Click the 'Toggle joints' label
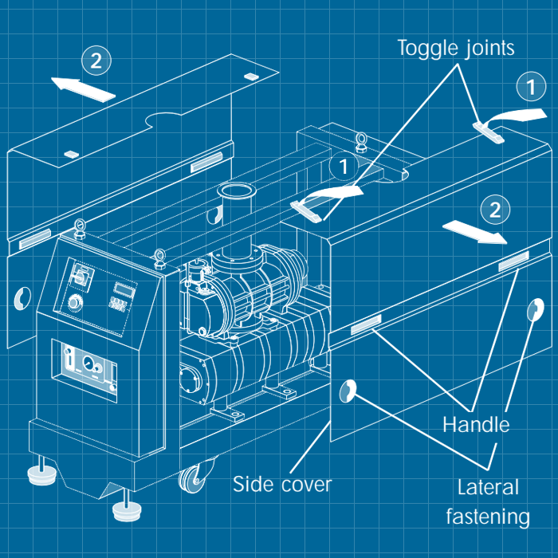457,47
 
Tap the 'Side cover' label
281,484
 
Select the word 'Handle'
476,424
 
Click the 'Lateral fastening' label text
489,502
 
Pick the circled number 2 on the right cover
494,210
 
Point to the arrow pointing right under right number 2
475,231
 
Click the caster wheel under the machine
194,479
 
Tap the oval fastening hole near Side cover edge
348,390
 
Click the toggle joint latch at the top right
488,131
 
